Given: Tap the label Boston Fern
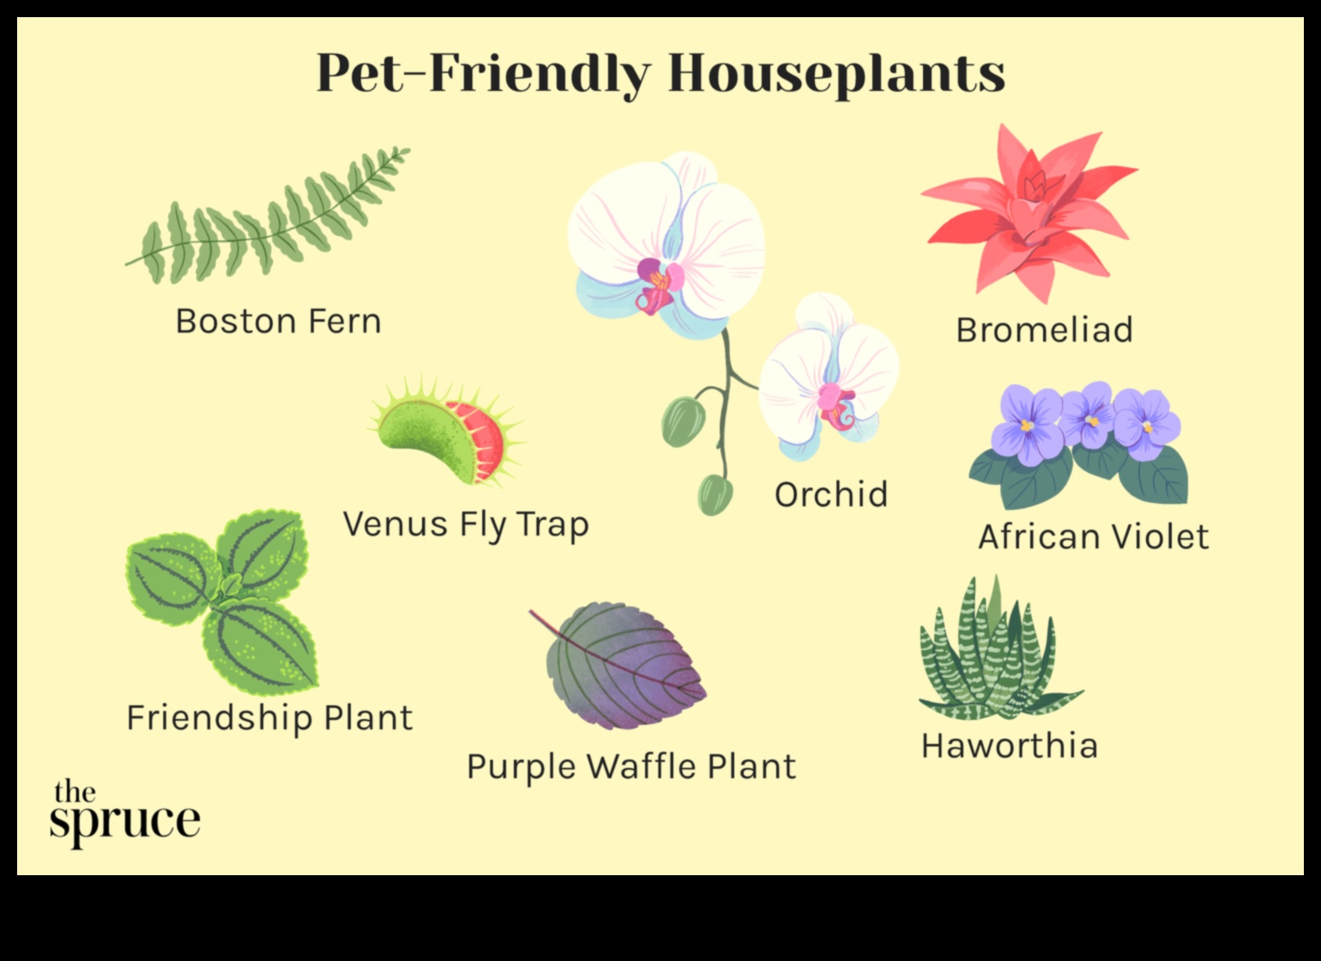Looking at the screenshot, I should coord(278,322).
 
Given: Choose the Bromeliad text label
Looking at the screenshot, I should coord(1044,330).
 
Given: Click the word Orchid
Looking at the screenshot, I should coord(830,495).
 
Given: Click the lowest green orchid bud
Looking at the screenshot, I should coord(715,494).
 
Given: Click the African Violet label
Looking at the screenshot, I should coord(1093,537).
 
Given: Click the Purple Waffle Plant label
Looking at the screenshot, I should coord(630,767).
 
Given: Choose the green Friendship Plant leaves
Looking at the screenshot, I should coord(223,601).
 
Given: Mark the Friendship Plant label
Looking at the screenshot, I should coord(269,718).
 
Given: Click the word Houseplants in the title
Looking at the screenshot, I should coord(835,75).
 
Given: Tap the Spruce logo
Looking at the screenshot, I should coord(124,811).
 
